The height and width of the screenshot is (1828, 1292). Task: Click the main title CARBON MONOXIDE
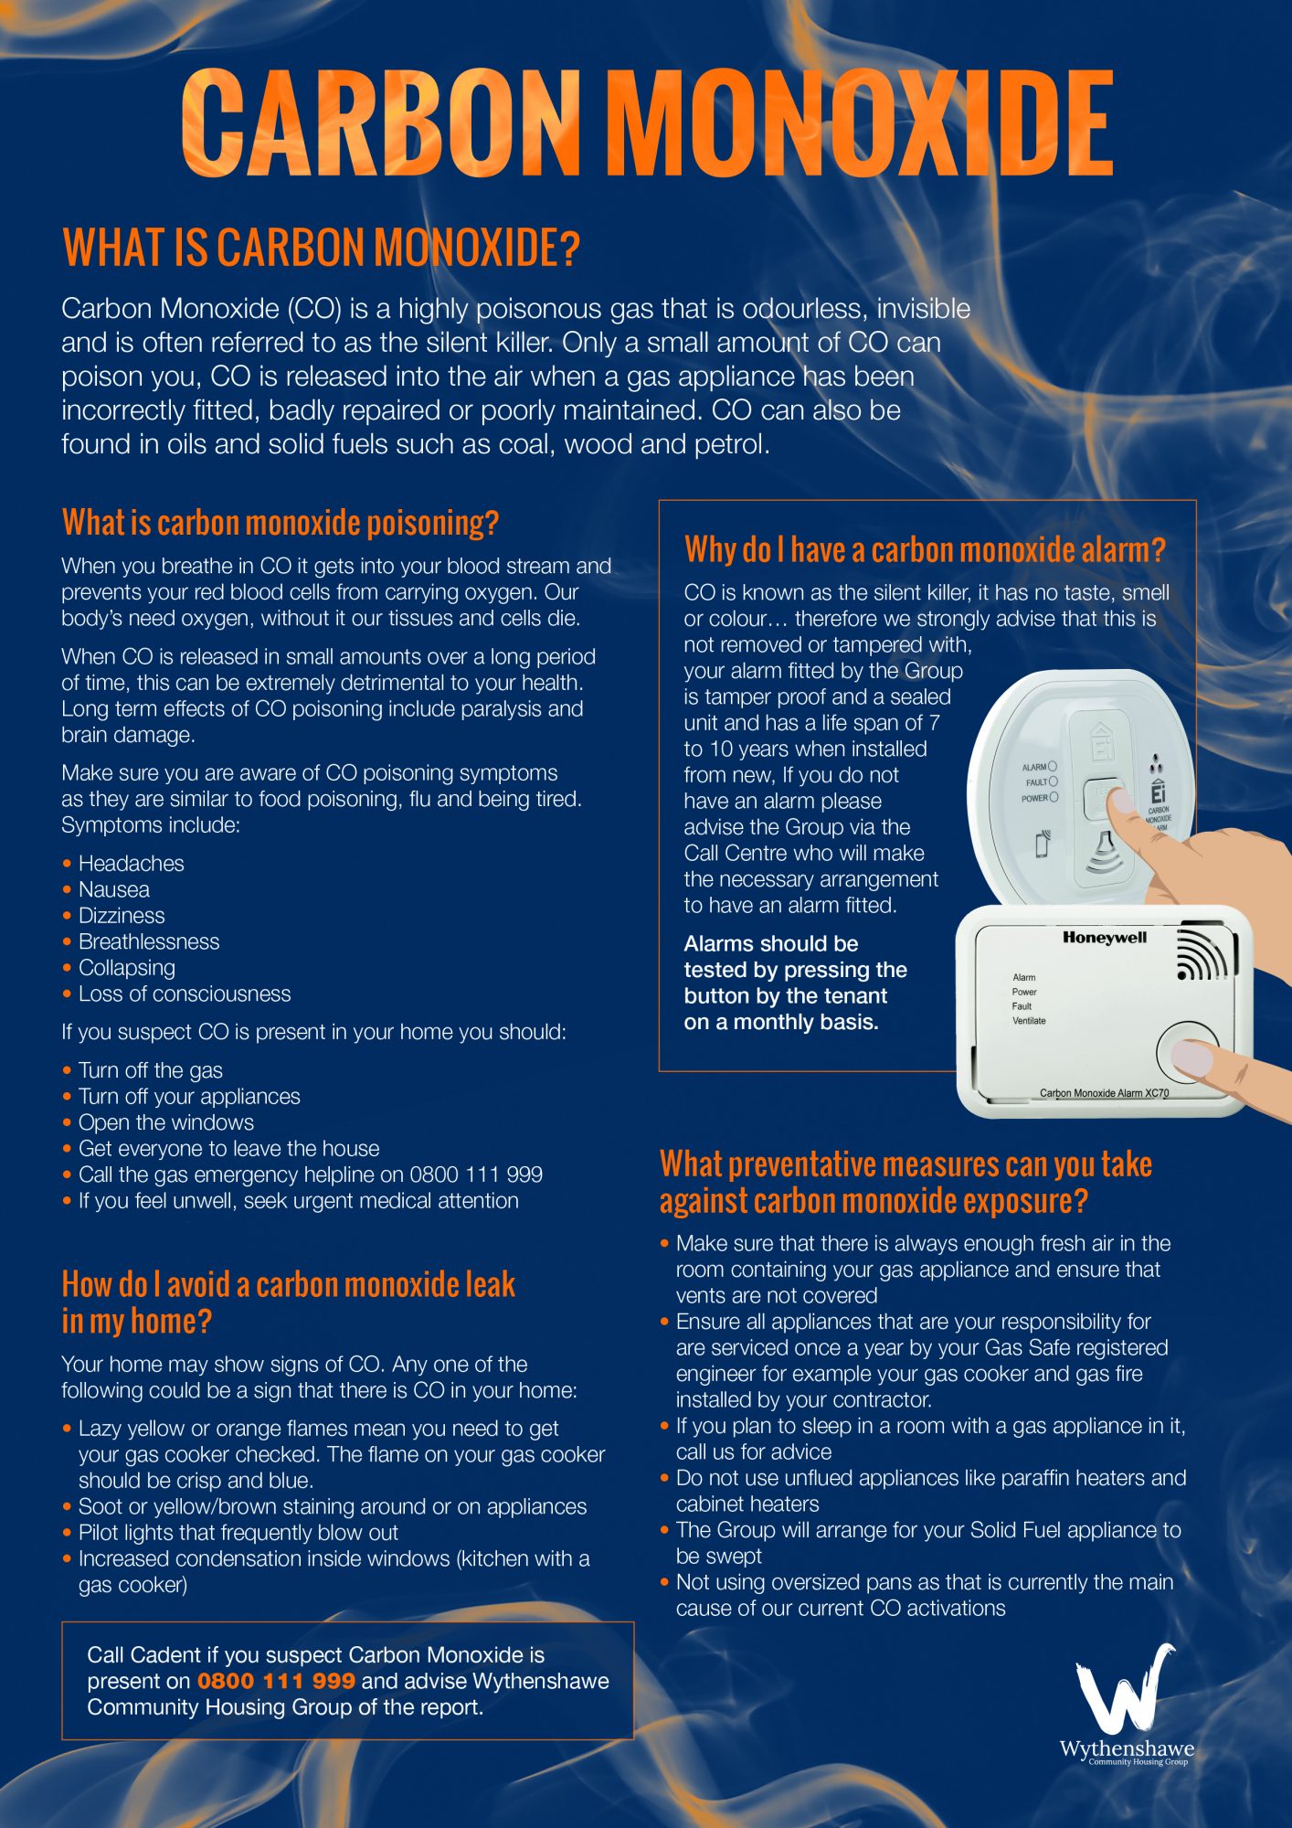[x=647, y=124]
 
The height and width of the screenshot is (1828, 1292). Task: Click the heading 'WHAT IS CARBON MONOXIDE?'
[x=321, y=248]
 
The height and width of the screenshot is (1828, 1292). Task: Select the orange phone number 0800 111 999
[x=276, y=1681]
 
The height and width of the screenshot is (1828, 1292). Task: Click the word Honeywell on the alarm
[x=1104, y=937]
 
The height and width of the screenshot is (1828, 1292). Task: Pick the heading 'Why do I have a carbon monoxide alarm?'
[x=925, y=550]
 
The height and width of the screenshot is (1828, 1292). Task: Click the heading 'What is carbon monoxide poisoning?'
[x=281, y=523]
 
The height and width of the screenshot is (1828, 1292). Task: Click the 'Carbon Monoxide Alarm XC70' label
[x=1104, y=1093]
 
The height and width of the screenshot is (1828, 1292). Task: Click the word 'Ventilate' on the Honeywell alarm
[x=1029, y=1021]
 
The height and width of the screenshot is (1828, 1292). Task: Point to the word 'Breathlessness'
[x=149, y=941]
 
